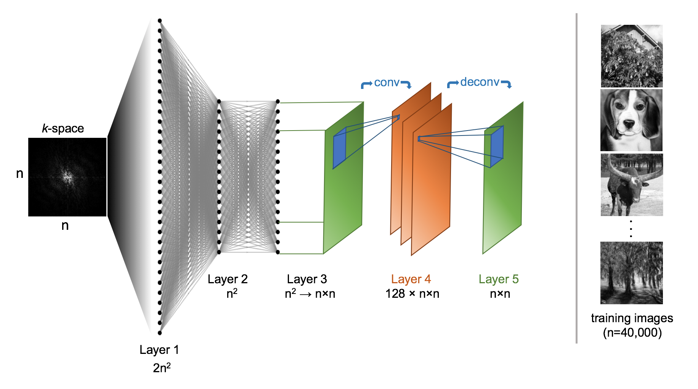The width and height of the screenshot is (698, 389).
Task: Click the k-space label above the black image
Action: click(63, 128)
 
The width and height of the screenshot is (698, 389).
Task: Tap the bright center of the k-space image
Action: click(68, 176)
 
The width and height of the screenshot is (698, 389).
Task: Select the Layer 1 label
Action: click(159, 350)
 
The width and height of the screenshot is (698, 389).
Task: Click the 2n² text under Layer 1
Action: click(162, 368)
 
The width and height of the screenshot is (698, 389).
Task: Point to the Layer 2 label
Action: click(228, 279)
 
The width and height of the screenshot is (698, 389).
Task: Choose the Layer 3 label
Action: click(307, 279)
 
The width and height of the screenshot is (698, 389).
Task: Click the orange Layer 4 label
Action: click(411, 279)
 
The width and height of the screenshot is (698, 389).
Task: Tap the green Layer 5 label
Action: click(499, 279)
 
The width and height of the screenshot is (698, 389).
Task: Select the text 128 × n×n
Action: click(412, 294)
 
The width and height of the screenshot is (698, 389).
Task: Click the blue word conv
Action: click(387, 82)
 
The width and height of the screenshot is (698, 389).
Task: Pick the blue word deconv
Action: click(480, 82)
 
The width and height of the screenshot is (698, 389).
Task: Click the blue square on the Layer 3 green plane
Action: click(339, 148)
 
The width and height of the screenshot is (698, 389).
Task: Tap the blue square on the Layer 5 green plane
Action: click(497, 146)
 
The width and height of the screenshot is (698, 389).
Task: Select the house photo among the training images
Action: click(632, 56)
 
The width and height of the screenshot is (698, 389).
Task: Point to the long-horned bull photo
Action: click(632, 185)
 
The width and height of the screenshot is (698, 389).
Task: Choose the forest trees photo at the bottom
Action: click(632, 273)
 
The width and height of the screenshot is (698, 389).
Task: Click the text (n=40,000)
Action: click(632, 333)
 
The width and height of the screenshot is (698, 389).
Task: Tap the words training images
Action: click(632, 318)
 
